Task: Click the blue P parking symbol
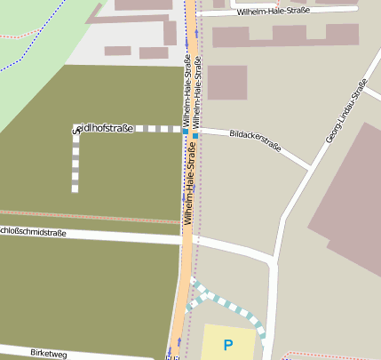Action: (228, 345)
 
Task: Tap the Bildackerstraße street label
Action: (254, 140)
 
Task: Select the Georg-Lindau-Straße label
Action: (345, 111)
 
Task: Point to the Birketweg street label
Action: (48, 354)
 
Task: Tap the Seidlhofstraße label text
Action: (103, 129)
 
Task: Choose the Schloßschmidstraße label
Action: (34, 233)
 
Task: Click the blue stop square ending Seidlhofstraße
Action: (185, 131)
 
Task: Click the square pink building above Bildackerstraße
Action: (226, 83)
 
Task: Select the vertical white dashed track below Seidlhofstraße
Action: (75, 164)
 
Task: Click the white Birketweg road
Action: (107, 354)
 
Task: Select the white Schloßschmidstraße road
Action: (107, 236)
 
